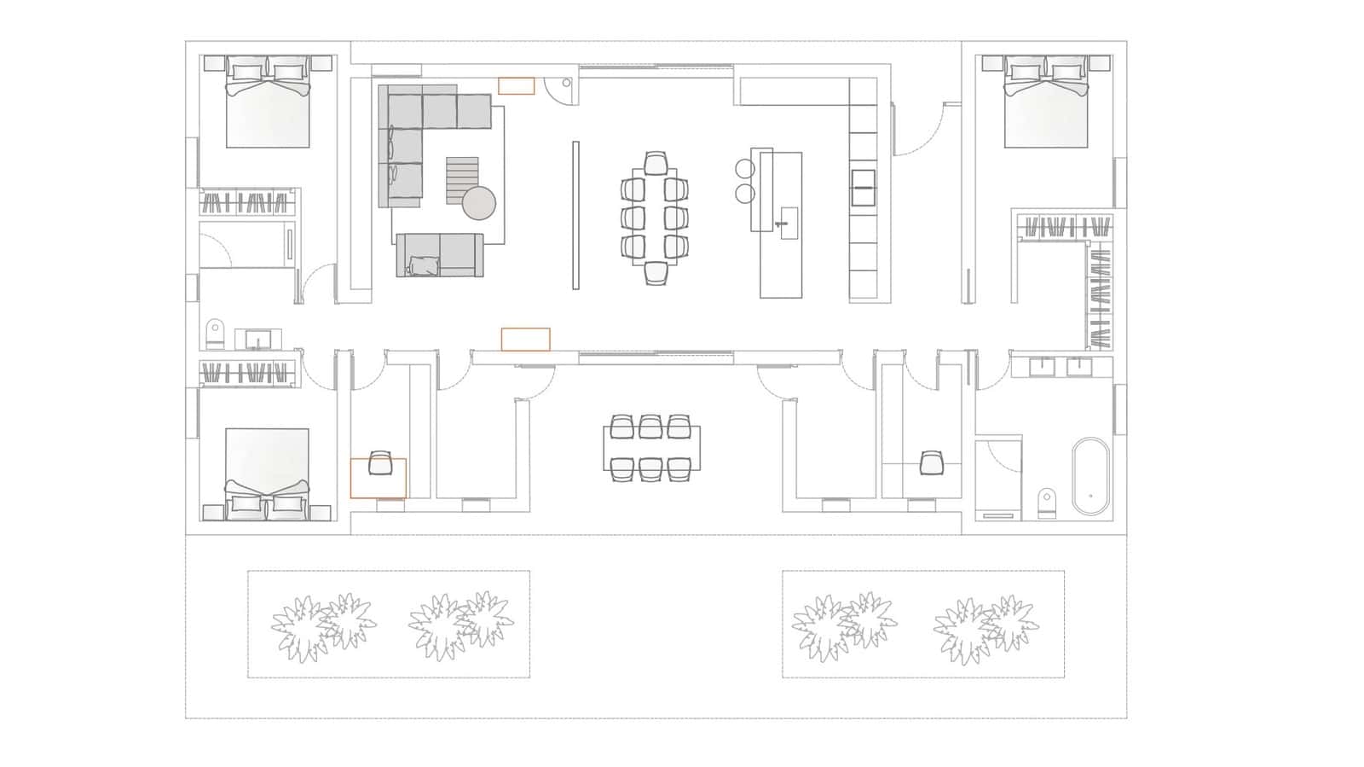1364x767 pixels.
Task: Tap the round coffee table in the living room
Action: click(479, 203)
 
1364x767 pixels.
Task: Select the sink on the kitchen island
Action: click(789, 223)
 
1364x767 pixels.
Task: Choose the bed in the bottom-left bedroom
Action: click(267, 473)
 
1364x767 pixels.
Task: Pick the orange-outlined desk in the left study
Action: click(379, 479)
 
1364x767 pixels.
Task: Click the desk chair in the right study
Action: click(932, 462)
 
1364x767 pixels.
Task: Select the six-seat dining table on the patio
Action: click(651, 448)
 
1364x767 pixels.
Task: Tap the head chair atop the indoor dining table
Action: click(655, 163)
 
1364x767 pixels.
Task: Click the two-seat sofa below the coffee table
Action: click(439, 255)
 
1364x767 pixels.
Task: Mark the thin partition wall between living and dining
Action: click(575, 216)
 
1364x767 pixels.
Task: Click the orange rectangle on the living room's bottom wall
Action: click(525, 339)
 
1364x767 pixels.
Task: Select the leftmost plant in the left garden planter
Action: click(299, 627)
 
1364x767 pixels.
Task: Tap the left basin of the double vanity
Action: click(1041, 367)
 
